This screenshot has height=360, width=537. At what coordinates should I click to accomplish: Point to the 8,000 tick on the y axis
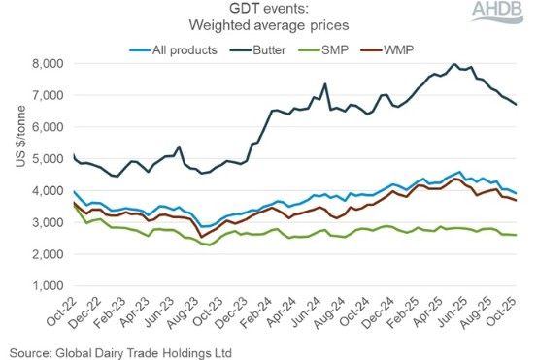click(x=47, y=63)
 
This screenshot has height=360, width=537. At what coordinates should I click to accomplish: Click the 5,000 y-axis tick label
click(x=47, y=159)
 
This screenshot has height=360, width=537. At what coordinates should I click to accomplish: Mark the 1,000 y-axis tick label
click(x=47, y=286)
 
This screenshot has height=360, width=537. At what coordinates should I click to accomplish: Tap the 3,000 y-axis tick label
click(x=47, y=223)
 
